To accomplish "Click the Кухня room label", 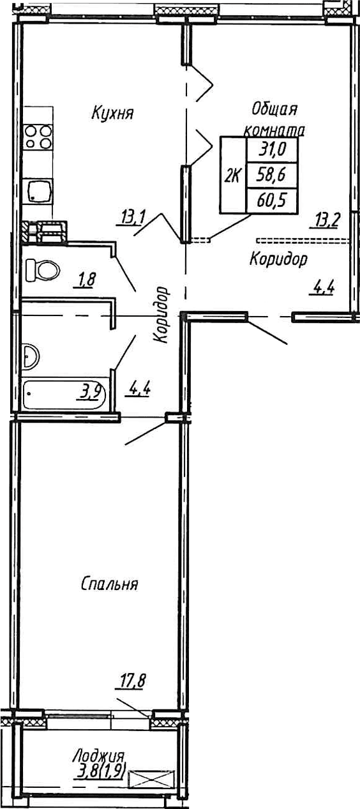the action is point(112,113).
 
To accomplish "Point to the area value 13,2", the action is point(326,220).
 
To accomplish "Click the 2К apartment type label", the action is point(233,176).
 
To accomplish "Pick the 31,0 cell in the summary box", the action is point(272,149).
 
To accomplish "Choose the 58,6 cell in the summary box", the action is point(271,175).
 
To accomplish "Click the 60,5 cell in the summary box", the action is point(271,200).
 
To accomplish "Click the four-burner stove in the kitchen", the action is point(38,136).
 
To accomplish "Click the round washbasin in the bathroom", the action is point(29,356).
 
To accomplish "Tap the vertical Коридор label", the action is point(161,314).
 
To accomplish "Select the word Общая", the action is point(274,109).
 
